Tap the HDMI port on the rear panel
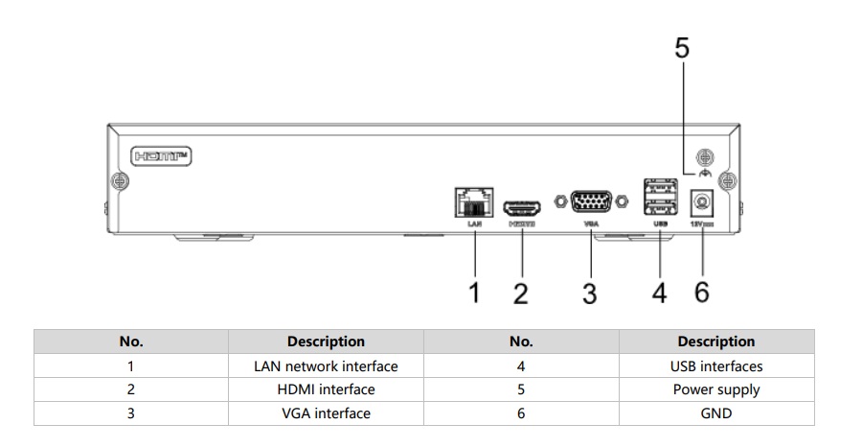click(522, 206)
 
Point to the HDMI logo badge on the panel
click(160, 154)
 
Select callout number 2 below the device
click(521, 293)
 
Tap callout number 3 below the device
click(590, 293)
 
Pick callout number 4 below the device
click(660, 293)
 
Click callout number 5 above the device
click(681, 49)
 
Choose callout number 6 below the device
click(702, 293)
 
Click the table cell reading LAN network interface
click(326, 365)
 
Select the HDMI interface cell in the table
click(326, 389)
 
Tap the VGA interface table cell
click(326, 413)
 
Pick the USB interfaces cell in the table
click(716, 365)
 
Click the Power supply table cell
click(716, 389)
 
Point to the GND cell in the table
click(716, 413)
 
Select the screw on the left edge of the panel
click(119, 180)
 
